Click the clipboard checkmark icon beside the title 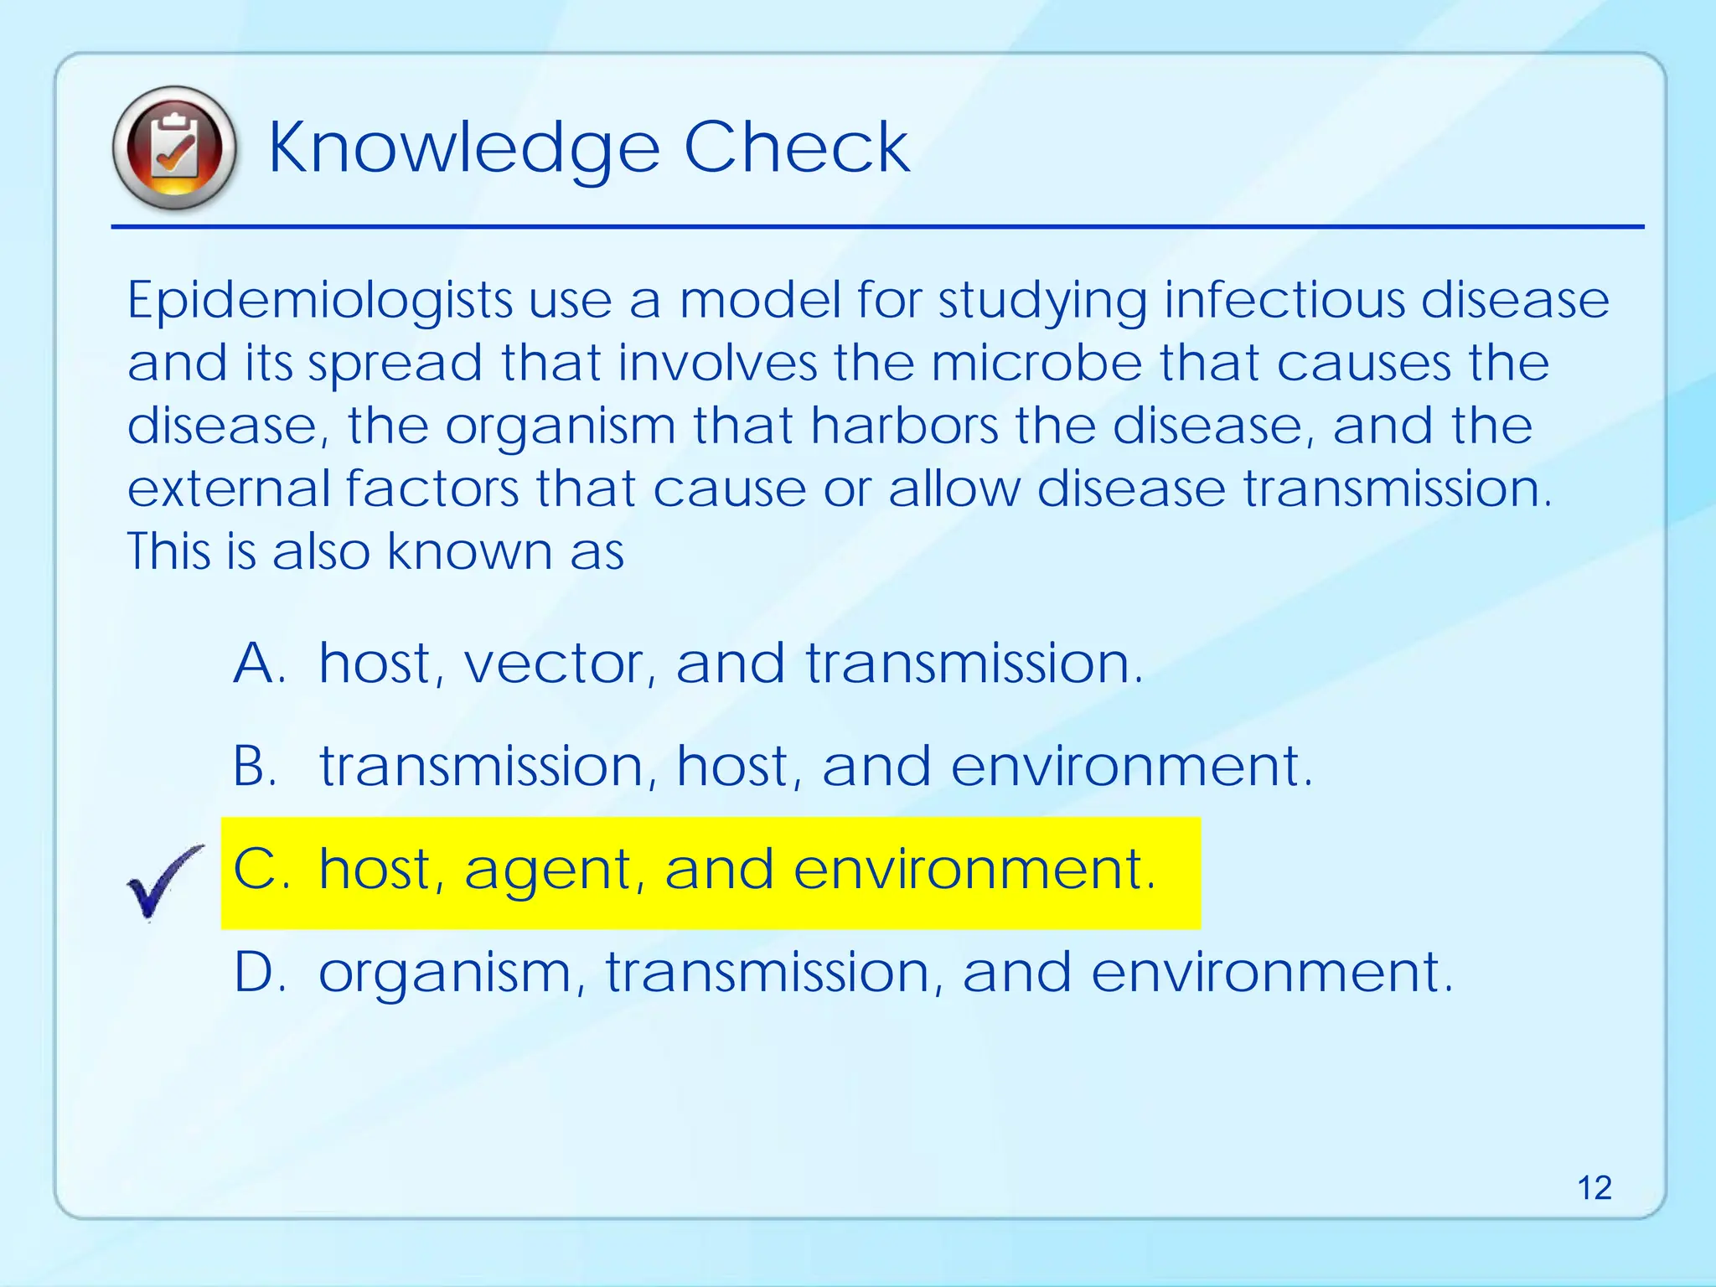click(174, 148)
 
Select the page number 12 click(1594, 1188)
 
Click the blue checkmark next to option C click(163, 882)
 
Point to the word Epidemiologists click(319, 301)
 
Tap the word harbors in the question click(904, 426)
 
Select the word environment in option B click(1131, 767)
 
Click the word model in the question click(760, 301)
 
